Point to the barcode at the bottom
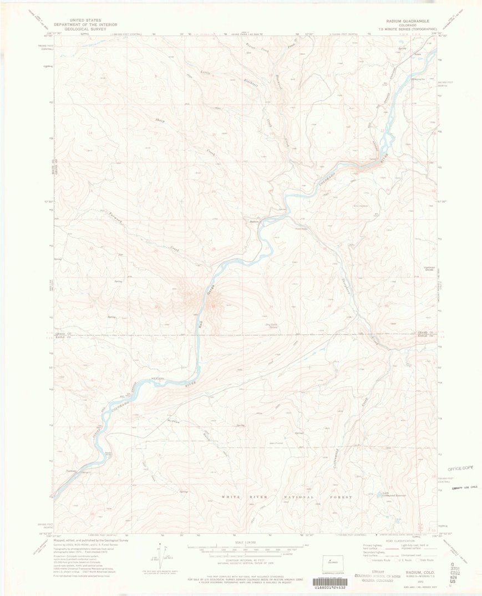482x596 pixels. click(x=337, y=583)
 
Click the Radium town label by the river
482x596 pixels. click(x=255, y=221)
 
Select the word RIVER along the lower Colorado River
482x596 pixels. click(x=190, y=383)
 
